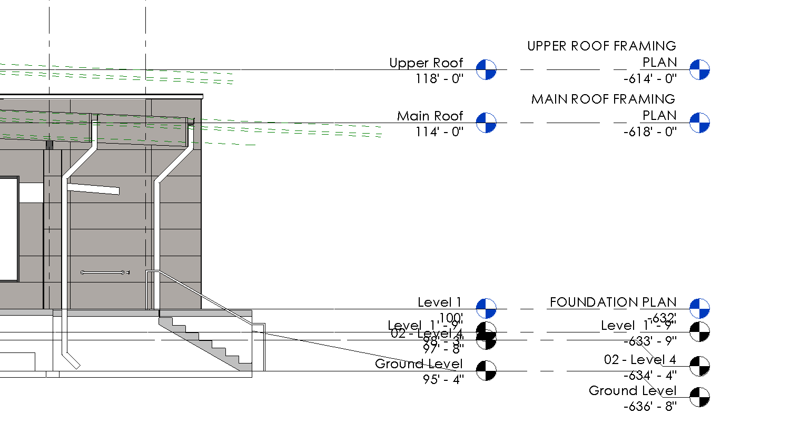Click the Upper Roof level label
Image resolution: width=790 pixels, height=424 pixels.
coord(426,63)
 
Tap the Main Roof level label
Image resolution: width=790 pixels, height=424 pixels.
coord(430,116)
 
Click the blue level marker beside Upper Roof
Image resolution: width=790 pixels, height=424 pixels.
coord(486,69)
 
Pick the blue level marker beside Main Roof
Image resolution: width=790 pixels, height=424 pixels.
coord(486,123)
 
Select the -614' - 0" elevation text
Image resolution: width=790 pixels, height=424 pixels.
coord(649,78)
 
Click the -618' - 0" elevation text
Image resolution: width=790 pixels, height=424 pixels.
coord(649,132)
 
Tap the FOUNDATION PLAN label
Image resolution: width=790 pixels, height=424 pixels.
coord(613,302)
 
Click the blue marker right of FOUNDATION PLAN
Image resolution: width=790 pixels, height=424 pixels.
coord(700,308)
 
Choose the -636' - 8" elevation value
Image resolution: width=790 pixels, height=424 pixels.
coord(649,406)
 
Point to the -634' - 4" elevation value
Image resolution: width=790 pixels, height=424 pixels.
coord(649,375)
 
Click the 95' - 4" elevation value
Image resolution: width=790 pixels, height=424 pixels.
coord(443,379)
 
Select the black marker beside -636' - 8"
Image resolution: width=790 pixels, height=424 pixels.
coord(700,397)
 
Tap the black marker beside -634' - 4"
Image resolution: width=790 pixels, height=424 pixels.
coord(700,366)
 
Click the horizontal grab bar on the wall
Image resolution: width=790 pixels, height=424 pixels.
coord(103,272)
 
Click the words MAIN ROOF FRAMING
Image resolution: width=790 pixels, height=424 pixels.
coord(603,99)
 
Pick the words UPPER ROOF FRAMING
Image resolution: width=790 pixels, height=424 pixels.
coord(601,46)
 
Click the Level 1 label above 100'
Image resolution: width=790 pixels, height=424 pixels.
coord(439,302)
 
